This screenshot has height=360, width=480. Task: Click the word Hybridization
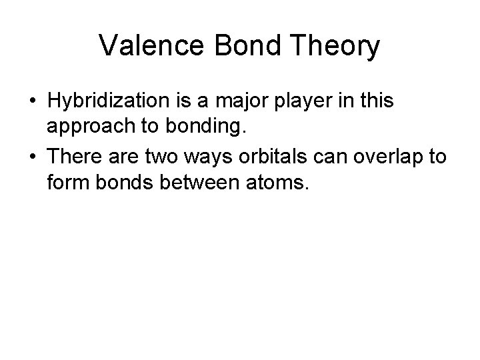tap(111, 101)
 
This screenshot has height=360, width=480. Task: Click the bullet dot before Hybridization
tap(31, 101)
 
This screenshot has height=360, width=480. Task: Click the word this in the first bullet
tap(376, 101)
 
